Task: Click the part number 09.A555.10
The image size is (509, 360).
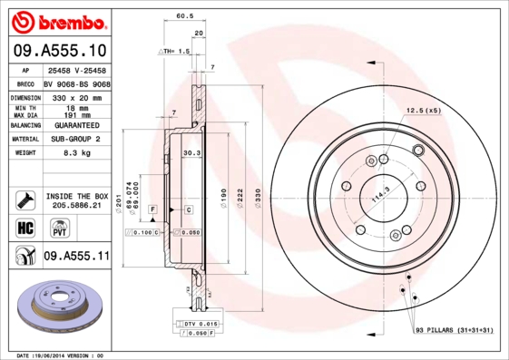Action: click(60, 51)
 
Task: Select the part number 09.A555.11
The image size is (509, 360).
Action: click(77, 258)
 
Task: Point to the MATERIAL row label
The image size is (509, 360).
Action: click(24, 140)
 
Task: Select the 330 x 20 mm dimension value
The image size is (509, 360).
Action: click(77, 96)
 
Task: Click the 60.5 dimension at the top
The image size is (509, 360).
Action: click(184, 15)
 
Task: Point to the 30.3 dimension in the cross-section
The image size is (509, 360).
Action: click(191, 153)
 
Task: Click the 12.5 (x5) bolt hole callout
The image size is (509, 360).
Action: click(423, 111)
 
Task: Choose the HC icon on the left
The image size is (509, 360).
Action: click(24, 227)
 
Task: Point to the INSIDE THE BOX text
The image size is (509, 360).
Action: click(77, 195)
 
